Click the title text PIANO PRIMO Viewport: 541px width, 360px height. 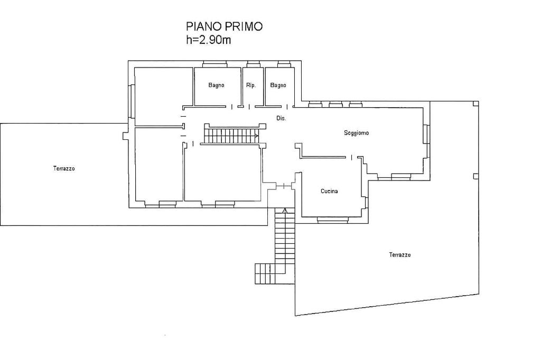[x=224, y=26]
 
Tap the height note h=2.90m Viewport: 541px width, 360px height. [x=208, y=40]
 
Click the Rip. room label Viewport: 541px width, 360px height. [x=251, y=85]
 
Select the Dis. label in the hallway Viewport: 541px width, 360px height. [x=281, y=118]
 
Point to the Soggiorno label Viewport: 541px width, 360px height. [x=357, y=133]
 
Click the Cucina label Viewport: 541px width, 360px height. [x=329, y=191]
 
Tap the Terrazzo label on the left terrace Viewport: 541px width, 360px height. [x=64, y=168]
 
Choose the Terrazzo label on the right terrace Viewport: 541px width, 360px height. [x=400, y=255]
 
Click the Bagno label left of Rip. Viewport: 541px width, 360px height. [x=216, y=85]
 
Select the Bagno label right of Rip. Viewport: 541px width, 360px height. [x=278, y=85]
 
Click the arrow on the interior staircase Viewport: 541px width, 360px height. [x=256, y=136]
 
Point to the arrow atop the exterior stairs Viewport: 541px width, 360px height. [x=285, y=210]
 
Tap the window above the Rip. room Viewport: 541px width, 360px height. [x=254, y=64]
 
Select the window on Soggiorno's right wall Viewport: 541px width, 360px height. [x=427, y=134]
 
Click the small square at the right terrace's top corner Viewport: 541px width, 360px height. [x=476, y=103]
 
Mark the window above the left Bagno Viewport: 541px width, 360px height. [x=214, y=64]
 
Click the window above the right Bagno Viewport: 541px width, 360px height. [x=285, y=64]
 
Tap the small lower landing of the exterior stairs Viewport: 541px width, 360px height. [x=265, y=274]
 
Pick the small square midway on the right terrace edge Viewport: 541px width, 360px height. [x=476, y=176]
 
